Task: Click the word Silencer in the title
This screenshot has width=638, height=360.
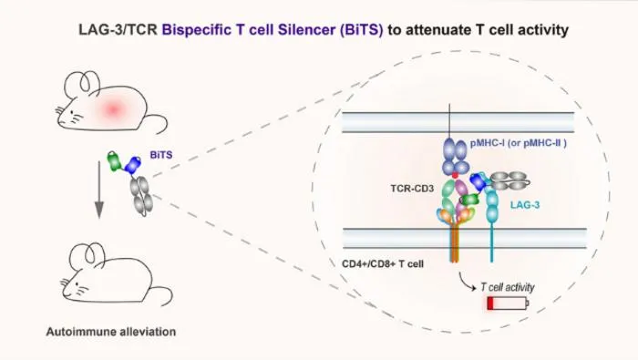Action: [307, 30]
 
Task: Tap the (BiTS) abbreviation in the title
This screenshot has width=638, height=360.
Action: [362, 30]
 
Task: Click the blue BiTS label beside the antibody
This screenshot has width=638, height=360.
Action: [161, 155]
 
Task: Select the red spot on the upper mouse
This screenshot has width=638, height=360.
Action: [114, 108]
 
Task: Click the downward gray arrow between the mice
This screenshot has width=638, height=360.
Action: [98, 190]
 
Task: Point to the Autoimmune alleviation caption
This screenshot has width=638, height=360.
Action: [111, 332]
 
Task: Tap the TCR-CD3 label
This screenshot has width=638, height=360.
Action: [412, 189]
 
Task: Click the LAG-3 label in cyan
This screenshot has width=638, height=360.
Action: [525, 205]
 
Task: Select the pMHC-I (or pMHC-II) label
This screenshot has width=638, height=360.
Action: [519, 143]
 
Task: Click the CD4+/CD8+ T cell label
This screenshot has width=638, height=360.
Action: [383, 264]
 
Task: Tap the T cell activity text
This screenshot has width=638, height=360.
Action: [508, 287]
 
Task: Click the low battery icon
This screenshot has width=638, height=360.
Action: [508, 303]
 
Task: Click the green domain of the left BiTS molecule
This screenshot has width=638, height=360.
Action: [114, 161]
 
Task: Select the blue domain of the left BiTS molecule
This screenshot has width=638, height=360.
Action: [133, 165]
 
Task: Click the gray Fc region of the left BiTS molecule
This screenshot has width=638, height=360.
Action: [141, 196]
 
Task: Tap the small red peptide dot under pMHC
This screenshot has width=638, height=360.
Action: [456, 175]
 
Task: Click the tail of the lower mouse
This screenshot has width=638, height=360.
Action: [163, 293]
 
